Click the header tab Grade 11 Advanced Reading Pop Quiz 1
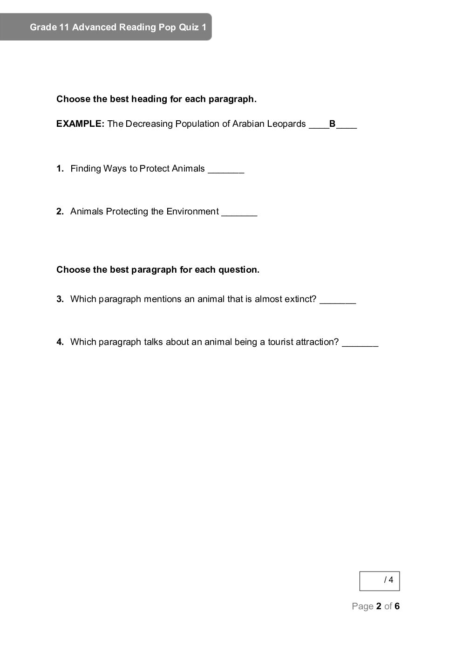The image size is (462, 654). (118, 27)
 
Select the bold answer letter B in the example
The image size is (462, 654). (333, 124)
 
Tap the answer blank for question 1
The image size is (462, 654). (226, 170)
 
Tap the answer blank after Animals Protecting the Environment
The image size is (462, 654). (239, 213)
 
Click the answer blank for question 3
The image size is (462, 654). (338, 300)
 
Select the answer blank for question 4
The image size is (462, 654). (360, 343)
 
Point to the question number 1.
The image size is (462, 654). (60, 169)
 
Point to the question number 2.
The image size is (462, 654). (60, 212)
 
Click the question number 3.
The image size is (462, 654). (60, 299)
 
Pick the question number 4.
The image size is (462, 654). (60, 342)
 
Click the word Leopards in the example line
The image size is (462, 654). (286, 124)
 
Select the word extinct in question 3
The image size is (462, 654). (300, 299)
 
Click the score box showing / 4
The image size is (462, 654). (380, 581)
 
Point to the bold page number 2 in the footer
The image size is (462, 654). (379, 606)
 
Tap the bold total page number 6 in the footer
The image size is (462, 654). (397, 606)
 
